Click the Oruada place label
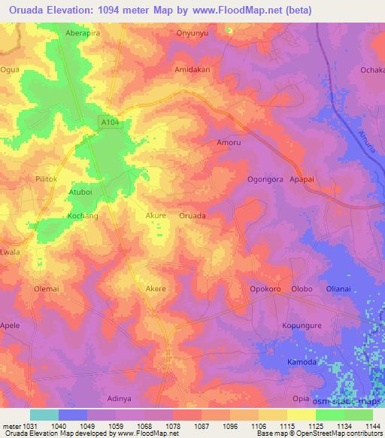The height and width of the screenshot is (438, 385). [192, 215]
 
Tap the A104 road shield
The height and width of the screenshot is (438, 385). [110, 120]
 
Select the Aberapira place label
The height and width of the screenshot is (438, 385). [83, 33]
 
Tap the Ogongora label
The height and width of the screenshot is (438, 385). [265, 179]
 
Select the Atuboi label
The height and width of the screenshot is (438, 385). [80, 192]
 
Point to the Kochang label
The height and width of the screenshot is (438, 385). [83, 216]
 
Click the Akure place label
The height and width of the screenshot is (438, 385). [156, 215]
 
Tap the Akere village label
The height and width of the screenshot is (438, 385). [155, 288]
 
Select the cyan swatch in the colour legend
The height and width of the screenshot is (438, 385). [44, 415]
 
